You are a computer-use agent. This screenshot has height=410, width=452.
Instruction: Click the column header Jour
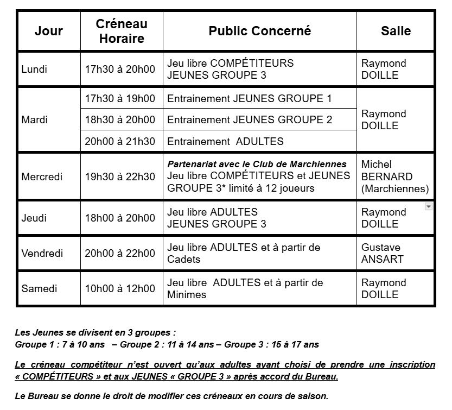pos(49,31)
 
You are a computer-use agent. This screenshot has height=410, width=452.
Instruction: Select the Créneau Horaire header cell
pos(122,31)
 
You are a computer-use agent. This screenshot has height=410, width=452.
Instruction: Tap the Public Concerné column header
pos(259,31)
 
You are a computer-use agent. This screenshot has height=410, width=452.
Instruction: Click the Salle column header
pos(396,31)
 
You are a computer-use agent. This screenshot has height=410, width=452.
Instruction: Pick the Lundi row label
pos(34,69)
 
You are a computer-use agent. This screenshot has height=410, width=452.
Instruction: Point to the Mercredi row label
pos(42,176)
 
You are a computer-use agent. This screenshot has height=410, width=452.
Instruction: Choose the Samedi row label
pos(39,288)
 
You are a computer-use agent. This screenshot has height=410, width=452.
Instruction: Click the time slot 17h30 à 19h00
pos(120,99)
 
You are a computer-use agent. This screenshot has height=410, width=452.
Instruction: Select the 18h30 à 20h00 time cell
pos(120,119)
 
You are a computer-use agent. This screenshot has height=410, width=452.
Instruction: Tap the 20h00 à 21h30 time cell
pos(120,141)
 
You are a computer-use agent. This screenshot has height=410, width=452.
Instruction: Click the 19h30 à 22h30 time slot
pos(120,176)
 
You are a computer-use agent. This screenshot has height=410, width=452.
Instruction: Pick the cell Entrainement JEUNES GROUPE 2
pos(250,119)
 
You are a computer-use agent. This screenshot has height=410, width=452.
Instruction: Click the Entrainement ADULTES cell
pos(225,141)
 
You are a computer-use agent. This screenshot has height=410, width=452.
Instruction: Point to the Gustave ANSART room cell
pos(383,253)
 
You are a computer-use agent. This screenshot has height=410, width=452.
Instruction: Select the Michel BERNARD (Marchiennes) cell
pos(394,176)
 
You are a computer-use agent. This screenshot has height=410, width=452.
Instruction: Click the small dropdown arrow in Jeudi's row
pos(428,206)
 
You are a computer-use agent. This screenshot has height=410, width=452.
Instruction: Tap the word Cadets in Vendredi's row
pos(183,260)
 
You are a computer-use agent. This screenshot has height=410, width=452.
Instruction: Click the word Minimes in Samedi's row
pos(187,295)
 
